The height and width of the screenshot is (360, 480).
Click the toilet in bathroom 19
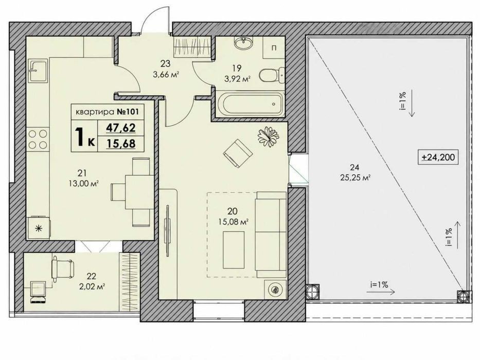272,75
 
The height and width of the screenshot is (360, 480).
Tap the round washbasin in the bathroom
244,42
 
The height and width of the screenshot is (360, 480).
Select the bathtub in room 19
251,103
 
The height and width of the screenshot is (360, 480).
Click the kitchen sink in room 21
39,71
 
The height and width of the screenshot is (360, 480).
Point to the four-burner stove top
38,139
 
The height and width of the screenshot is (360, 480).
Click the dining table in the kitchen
139,192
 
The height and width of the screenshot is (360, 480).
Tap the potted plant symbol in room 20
268,136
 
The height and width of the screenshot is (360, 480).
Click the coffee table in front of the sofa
234,249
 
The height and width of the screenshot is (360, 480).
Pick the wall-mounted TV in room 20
167,230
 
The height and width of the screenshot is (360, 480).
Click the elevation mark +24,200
438,157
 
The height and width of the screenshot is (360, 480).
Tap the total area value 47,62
120,128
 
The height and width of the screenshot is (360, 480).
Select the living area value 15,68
120,143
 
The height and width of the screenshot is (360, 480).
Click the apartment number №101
128,112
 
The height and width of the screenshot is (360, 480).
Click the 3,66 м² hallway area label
165,74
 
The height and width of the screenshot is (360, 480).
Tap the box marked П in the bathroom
274,48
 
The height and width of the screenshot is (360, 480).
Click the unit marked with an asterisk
39,228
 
